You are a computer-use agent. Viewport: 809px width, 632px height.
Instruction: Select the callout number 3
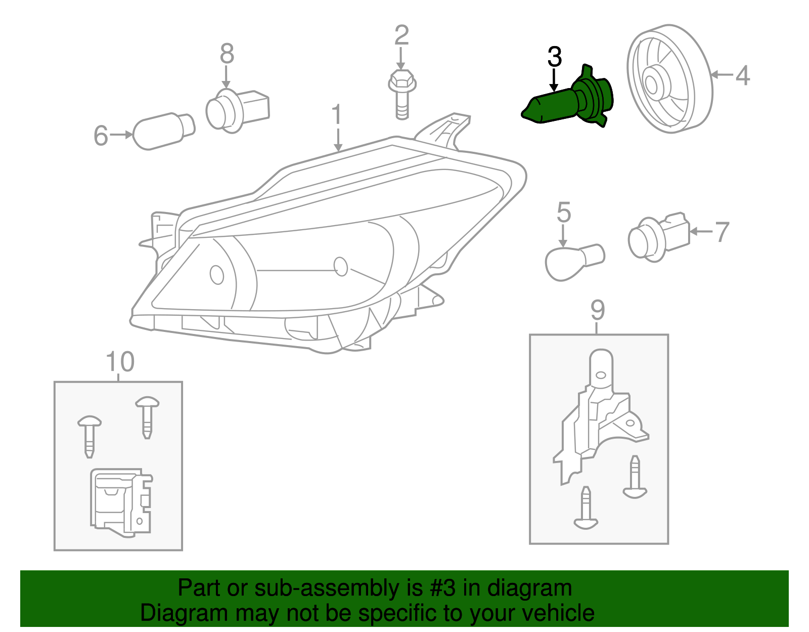(554, 57)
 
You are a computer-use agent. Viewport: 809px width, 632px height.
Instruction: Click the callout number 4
(742, 76)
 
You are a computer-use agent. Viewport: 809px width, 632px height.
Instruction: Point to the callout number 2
(401, 35)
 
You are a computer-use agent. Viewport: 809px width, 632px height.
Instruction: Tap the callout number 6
(101, 136)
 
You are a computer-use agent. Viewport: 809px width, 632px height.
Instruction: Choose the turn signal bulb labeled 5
(574, 261)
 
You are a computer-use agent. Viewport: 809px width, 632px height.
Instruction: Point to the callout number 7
(722, 232)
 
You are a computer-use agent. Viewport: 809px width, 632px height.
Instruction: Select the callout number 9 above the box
(597, 310)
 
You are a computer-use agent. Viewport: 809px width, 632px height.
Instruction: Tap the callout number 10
(120, 362)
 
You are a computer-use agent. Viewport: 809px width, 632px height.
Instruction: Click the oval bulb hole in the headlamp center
(341, 266)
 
